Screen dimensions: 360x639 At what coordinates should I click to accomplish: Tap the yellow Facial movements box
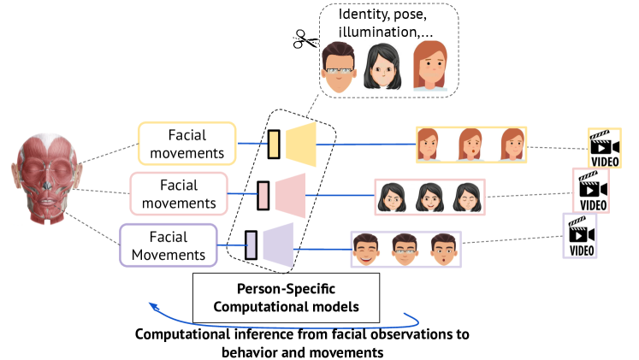[x=186, y=144]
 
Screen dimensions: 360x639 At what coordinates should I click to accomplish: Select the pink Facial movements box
[x=179, y=193]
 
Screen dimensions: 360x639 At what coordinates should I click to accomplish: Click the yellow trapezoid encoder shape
[x=302, y=143]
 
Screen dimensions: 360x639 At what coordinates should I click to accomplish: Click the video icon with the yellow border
[x=604, y=147]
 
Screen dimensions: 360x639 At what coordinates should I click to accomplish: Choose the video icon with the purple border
[x=579, y=236]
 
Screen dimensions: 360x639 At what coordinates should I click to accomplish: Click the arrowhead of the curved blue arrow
[x=151, y=304]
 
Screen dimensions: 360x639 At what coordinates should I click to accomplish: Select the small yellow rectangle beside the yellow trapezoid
[x=274, y=144]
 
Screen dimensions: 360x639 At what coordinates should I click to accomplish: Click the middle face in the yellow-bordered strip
[x=471, y=144]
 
